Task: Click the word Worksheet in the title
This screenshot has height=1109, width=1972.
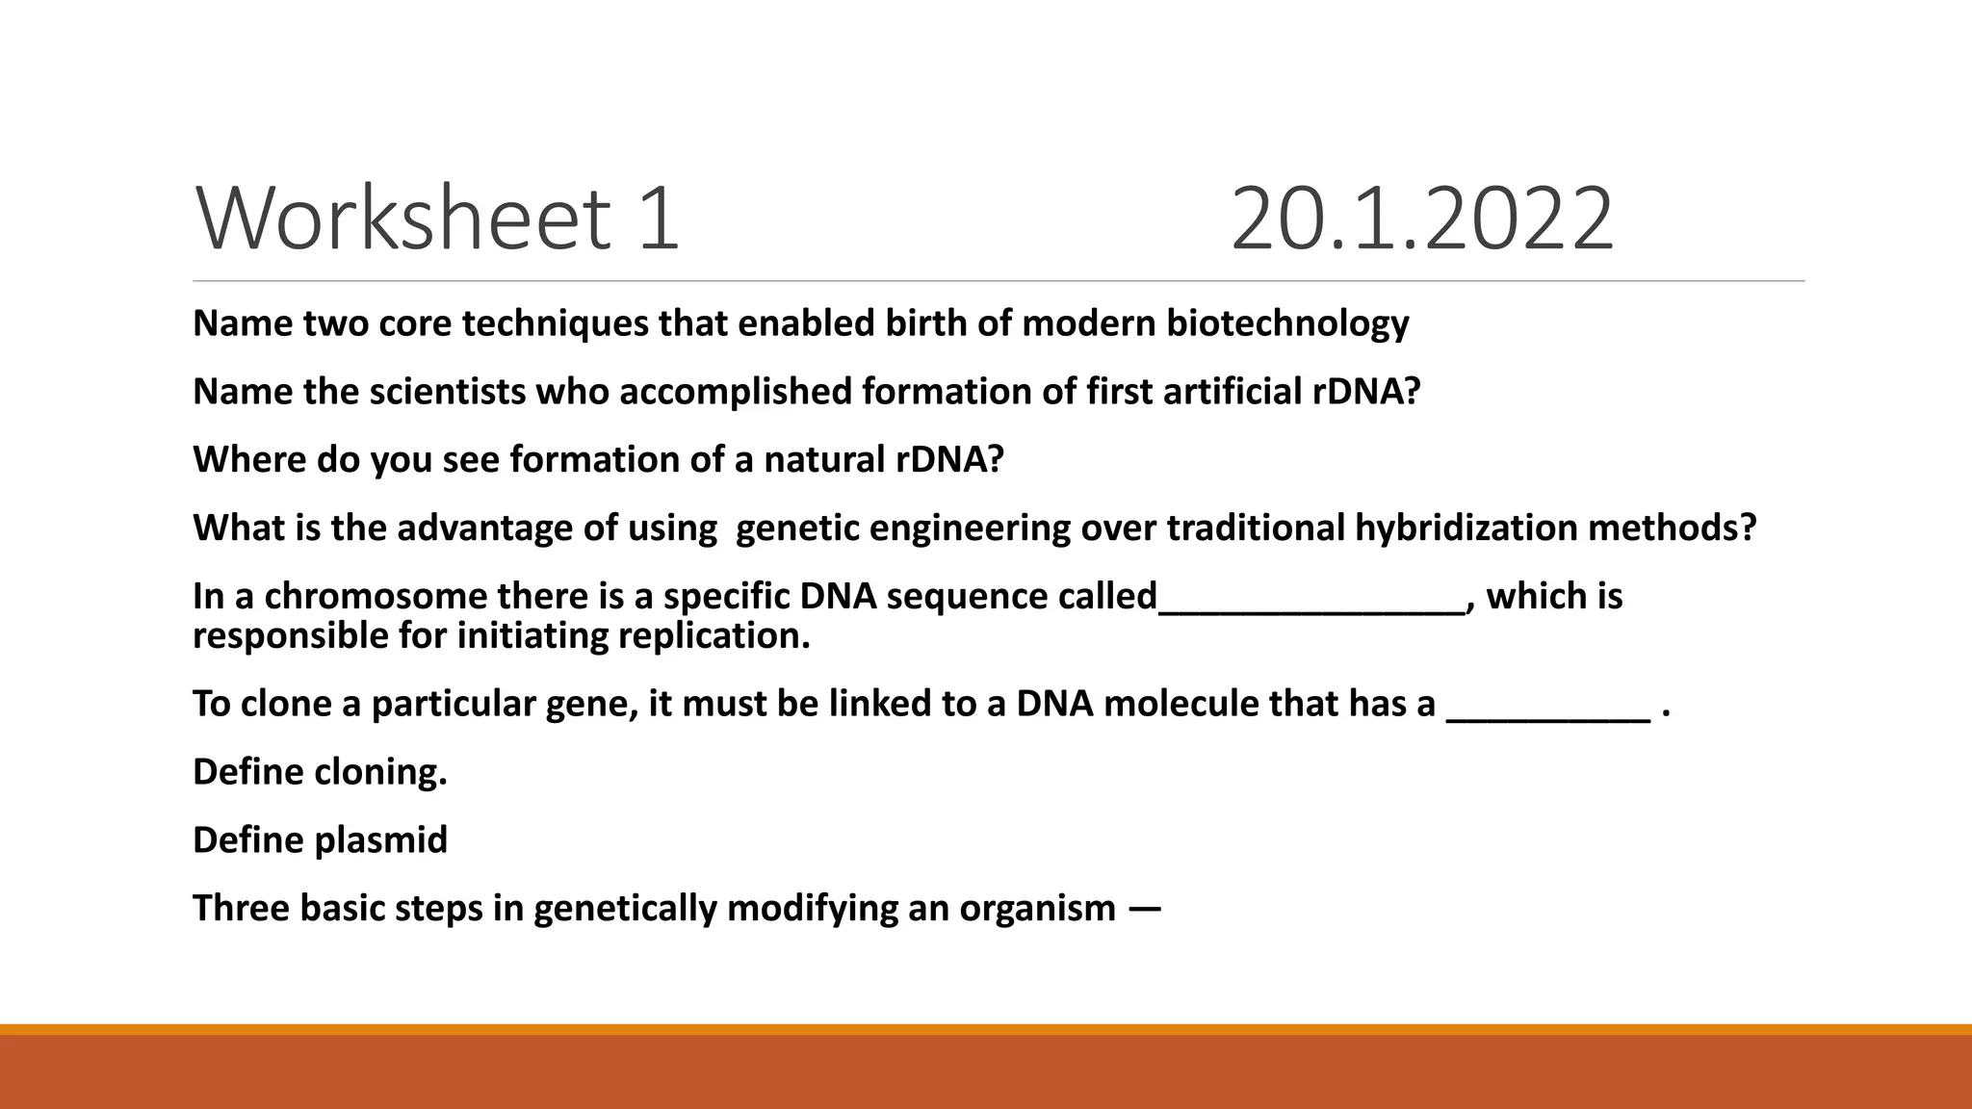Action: click(x=403, y=219)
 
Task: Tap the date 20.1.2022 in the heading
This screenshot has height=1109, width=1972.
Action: click(x=1421, y=219)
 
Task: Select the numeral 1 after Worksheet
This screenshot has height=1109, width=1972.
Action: click(x=658, y=219)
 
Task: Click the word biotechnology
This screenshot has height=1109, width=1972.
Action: click(x=1287, y=323)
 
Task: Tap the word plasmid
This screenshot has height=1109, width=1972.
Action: click(x=381, y=840)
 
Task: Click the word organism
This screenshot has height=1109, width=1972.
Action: click(x=1037, y=909)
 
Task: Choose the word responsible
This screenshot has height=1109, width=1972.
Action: click(x=292, y=636)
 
